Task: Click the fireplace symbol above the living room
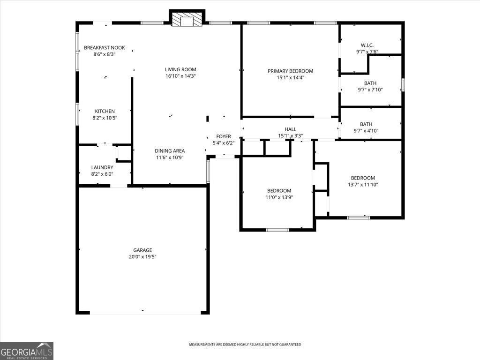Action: click(187, 19)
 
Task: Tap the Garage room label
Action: click(142, 250)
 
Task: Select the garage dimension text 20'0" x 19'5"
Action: click(142, 257)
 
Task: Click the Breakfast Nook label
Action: click(105, 47)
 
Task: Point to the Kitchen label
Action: click(105, 111)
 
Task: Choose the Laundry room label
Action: click(102, 167)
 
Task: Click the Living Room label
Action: click(180, 69)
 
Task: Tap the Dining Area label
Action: click(170, 151)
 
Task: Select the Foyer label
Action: click(223, 136)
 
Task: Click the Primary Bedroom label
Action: click(290, 71)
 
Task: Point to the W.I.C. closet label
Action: click(367, 45)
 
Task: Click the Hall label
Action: click(291, 129)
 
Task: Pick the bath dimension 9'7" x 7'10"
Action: click(370, 90)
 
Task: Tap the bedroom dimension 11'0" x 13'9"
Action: click(279, 197)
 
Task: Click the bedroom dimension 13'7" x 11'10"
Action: click(363, 185)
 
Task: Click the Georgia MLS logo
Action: click(27, 351)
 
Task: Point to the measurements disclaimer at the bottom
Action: click(245, 345)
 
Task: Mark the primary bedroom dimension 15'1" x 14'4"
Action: click(290, 78)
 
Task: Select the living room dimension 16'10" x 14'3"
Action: click(180, 76)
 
